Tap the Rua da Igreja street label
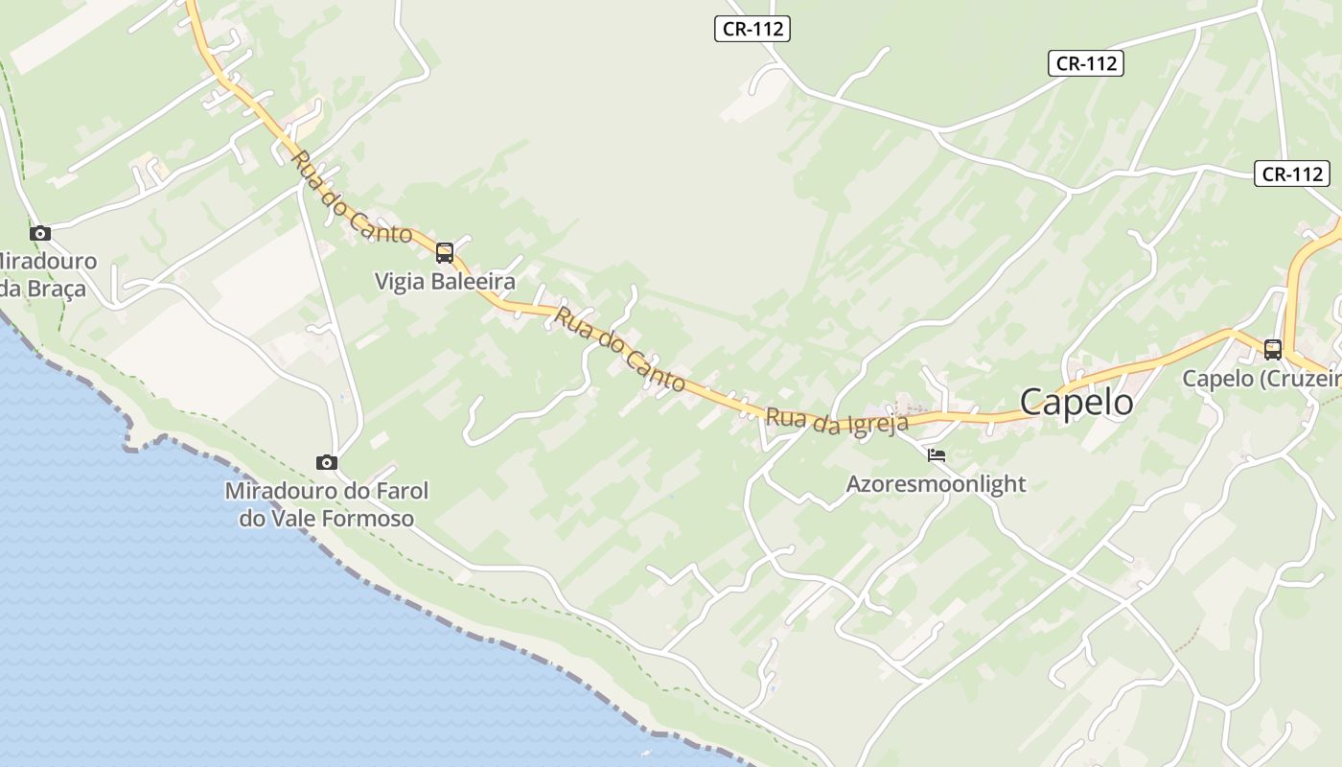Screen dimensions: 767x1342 pos(836,421)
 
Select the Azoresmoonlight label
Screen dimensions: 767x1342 pos(936,484)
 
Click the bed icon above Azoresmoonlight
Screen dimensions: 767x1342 pos(937,455)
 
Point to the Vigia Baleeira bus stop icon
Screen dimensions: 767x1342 pos(445,253)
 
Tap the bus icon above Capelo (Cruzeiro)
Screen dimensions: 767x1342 pos(1273,350)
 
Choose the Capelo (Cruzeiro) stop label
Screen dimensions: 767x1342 pos(1261,379)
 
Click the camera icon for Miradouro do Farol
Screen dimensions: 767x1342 pos(327,463)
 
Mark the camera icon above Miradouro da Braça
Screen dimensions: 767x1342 pos(39,233)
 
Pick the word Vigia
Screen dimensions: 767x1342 pos(398,282)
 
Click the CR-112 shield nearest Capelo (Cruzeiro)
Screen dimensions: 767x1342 pos(1291,174)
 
